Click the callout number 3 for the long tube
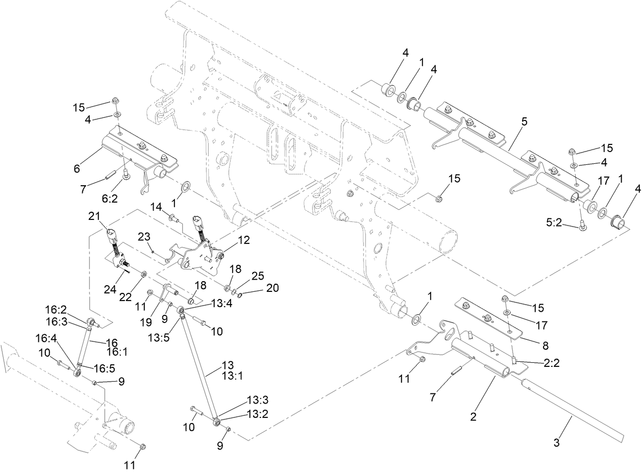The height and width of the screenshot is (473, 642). coord(556,442)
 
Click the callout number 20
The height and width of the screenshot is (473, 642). coord(273,287)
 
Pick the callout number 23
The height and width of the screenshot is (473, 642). coord(145,236)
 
